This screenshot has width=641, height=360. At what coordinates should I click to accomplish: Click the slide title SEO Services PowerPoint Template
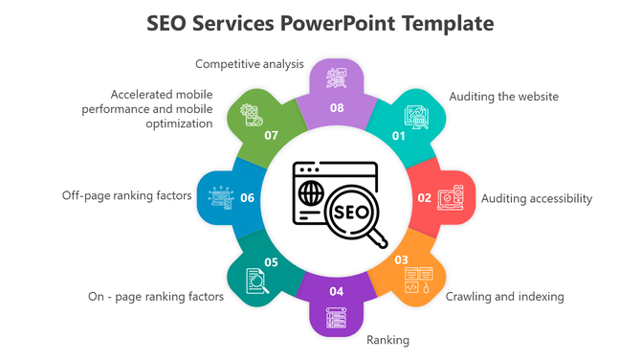click(320, 23)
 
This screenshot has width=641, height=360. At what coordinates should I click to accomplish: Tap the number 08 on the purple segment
click(337, 108)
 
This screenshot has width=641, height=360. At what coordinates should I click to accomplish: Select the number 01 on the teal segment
click(399, 135)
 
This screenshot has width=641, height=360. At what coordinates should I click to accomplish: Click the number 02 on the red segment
click(424, 198)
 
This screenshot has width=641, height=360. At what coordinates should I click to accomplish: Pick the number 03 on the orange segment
click(401, 259)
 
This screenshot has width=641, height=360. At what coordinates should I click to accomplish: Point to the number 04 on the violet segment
click(337, 291)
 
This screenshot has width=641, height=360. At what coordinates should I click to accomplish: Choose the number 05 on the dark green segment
click(272, 261)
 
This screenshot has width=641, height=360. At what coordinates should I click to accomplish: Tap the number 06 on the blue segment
click(247, 198)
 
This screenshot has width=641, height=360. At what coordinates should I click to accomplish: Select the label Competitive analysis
click(249, 64)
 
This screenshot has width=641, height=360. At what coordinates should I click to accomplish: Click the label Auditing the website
click(503, 97)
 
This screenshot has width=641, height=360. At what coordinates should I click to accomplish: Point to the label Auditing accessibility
click(537, 198)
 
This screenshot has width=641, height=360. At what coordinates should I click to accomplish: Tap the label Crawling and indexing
click(504, 296)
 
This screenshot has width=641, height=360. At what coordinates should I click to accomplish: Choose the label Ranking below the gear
click(387, 340)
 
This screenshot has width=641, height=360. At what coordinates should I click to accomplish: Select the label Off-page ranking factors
click(127, 195)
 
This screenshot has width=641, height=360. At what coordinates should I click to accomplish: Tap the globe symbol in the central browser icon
click(310, 192)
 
